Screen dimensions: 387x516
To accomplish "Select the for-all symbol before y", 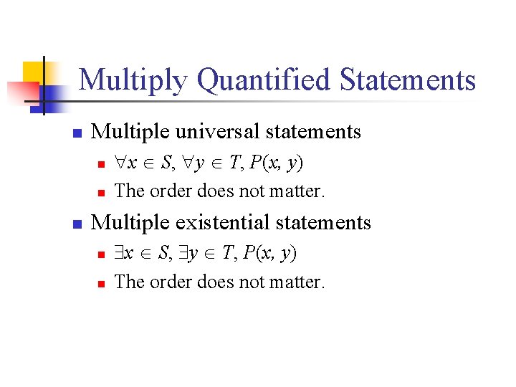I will [189, 163].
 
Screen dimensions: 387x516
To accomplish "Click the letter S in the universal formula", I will [166, 163].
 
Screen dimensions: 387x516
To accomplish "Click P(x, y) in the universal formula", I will [277, 163].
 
